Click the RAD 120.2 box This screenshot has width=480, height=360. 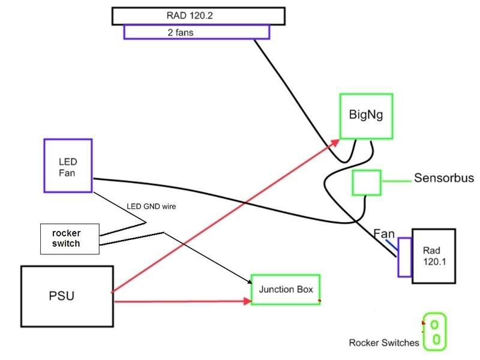pyautogui.click(x=197, y=16)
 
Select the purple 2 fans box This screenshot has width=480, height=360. pyautogui.click(x=197, y=32)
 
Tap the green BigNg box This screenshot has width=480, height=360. pyautogui.click(x=365, y=116)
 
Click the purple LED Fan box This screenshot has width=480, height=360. pyautogui.click(x=68, y=166)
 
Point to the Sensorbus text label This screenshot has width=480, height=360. pyautogui.click(x=444, y=179)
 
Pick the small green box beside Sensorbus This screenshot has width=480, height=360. pyautogui.click(x=366, y=182)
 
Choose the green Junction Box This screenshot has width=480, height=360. pyautogui.click(x=286, y=289)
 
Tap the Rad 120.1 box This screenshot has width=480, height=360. pyautogui.click(x=433, y=255)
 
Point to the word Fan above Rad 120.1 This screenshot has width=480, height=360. pyautogui.click(x=384, y=233)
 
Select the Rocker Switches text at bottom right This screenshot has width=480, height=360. pyautogui.click(x=384, y=343)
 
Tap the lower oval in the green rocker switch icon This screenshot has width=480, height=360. pyautogui.click(x=437, y=340)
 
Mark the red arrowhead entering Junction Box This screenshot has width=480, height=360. pyautogui.click(x=246, y=301)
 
